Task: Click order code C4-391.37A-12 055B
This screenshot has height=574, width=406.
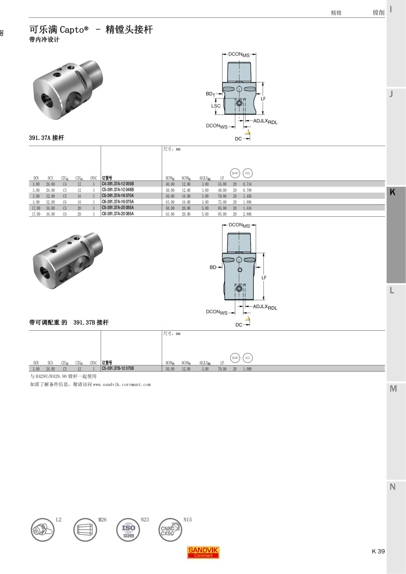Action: tap(118, 184)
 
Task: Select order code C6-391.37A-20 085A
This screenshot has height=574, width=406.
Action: tap(118, 214)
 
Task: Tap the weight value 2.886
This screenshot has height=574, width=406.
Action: tap(247, 214)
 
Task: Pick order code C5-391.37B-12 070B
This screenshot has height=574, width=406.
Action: tap(118, 368)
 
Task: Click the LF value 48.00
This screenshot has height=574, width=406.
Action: tap(222, 190)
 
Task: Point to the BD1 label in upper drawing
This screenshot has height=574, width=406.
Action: tap(210, 94)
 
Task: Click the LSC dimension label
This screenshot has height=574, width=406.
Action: tap(216, 106)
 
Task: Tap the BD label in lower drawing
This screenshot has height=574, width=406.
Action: tap(213, 267)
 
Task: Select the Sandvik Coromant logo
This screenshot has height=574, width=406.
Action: tap(203, 553)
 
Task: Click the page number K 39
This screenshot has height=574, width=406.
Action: tap(378, 551)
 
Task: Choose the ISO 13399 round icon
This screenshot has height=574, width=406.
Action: tap(128, 530)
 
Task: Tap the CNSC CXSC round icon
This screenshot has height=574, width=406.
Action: tap(170, 530)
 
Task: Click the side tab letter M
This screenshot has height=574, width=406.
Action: tap(393, 389)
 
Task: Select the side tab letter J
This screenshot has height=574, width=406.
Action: tap(391, 94)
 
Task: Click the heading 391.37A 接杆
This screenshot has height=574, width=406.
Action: tap(46, 138)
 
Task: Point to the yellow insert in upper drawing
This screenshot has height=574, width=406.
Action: tap(248, 133)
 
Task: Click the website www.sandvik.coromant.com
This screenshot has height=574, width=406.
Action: tap(122, 385)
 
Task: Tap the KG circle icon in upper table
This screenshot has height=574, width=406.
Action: tap(248, 173)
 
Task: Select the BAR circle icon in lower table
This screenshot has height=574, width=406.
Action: tap(235, 358)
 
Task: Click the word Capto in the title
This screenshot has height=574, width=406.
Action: tap(72, 30)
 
